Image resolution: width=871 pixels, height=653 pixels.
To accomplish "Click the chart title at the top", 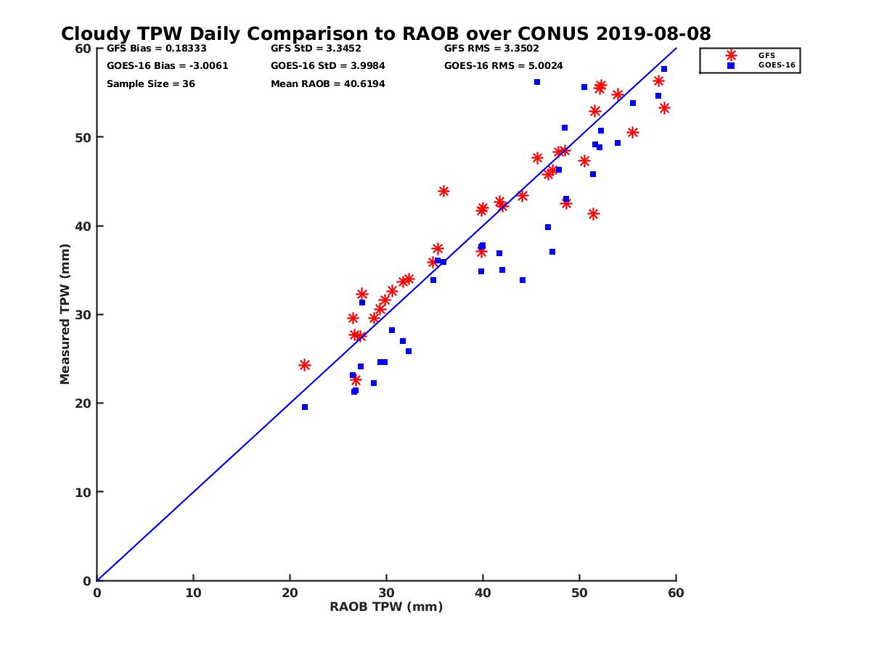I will coord(385,33).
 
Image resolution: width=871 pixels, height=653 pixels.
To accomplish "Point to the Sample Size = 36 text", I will coord(151,84).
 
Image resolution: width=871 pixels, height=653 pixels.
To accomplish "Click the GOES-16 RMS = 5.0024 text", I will coord(504,66).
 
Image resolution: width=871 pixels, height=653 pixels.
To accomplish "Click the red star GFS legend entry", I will coord(731,55).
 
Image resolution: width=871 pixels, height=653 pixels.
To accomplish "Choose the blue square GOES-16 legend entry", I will coord(731,65).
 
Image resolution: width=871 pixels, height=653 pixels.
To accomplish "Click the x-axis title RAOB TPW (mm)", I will coord(386,607).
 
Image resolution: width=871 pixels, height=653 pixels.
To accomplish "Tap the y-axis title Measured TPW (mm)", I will coord(65,315).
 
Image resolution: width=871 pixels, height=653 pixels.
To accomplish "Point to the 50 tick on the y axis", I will coord(83,137).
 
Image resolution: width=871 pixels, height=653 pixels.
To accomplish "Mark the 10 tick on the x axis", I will coord(193,593).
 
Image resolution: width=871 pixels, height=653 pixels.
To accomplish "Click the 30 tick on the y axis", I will coord(83,315).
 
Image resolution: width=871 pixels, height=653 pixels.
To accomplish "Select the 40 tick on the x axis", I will coord(483,593).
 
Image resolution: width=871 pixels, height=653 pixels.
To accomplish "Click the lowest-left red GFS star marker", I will coord(305,365).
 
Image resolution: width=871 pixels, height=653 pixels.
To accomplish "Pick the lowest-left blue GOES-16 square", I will coord(305,407).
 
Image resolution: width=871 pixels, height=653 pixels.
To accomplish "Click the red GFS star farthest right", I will coord(664,108).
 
